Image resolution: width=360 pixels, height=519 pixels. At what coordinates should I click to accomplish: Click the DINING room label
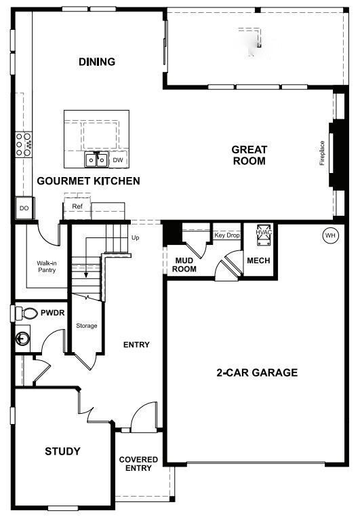pos(97,62)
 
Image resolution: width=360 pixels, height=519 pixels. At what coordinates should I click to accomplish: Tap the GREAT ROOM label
pos(249,155)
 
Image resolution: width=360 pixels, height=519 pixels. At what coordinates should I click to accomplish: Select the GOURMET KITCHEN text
pos(88,180)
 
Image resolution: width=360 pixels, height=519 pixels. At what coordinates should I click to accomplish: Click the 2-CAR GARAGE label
pos(257,372)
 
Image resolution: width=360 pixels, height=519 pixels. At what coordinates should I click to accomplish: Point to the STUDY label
pos(62,451)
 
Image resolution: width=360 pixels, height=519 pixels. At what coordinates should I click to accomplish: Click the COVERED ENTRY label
pos(138,464)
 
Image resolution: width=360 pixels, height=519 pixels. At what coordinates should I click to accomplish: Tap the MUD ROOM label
pos(185,265)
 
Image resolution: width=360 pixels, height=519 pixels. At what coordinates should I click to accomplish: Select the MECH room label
pos(258,260)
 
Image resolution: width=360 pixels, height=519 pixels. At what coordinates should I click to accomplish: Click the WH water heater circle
pos(330,235)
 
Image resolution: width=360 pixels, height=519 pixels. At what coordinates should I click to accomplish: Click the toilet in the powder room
pos(27,313)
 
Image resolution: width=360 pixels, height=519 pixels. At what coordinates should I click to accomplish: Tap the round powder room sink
pos(23,338)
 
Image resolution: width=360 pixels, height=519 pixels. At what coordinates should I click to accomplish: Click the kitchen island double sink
pos(96,159)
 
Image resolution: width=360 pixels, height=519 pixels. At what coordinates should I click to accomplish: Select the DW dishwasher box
pos(117,160)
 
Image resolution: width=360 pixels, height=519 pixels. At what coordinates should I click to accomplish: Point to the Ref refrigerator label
pos(77,206)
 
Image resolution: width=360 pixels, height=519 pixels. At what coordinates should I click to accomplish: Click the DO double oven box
pos(24,208)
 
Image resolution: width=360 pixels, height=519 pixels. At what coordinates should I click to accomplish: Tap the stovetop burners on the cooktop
pos(24,144)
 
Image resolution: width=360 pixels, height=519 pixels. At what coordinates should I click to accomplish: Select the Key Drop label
pos(227,235)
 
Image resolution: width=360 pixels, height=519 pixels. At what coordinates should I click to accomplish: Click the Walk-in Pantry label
pos(46,266)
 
